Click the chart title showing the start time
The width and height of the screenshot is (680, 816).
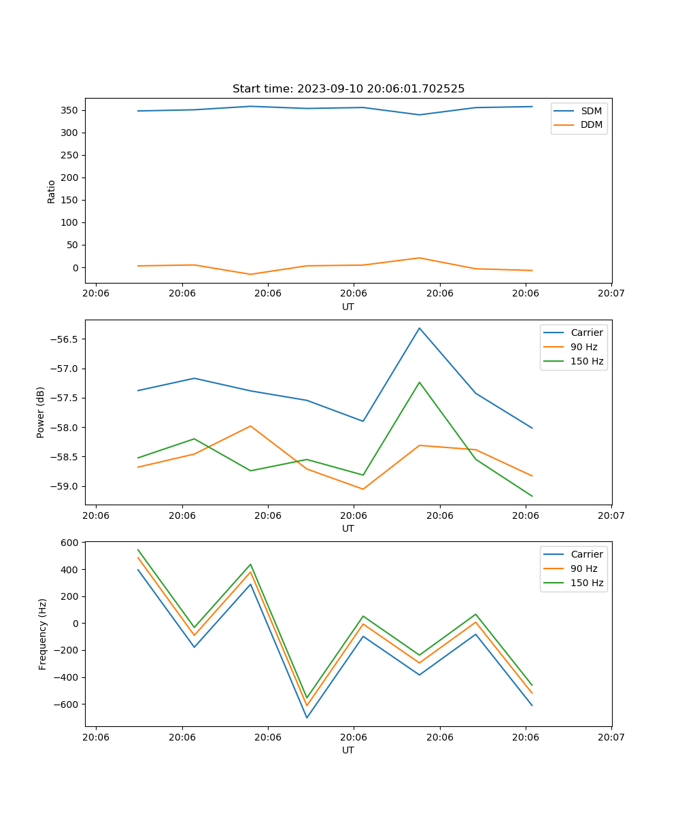pos(348,89)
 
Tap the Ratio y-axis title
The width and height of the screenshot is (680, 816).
pos(52,192)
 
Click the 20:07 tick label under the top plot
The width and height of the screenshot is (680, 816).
pos(611,294)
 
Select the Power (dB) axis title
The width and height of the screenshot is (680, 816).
pos(41,412)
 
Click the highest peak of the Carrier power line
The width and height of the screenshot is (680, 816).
pos(420,328)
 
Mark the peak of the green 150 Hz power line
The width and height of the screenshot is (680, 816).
pos(420,382)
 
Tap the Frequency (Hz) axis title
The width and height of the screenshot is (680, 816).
pos(43,634)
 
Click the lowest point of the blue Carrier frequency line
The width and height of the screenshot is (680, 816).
pos(307,717)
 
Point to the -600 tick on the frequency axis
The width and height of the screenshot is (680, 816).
pos(68,704)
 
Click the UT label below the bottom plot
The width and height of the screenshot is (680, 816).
pos(348,750)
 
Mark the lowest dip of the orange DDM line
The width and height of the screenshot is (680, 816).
pos(250,274)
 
